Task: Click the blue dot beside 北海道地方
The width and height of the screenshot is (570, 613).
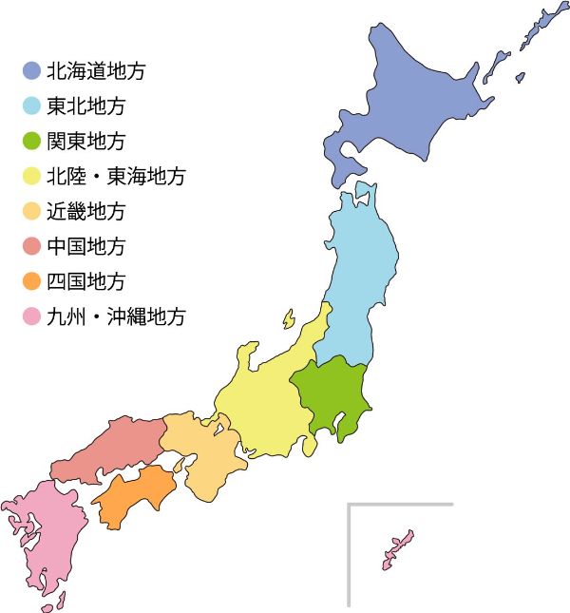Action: [31, 70]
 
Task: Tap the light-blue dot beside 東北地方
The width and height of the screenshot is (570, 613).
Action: [31, 105]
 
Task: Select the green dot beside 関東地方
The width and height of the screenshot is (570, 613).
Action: [31, 141]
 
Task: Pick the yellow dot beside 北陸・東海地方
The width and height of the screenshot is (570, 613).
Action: [31, 176]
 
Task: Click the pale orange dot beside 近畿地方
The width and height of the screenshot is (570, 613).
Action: [31, 211]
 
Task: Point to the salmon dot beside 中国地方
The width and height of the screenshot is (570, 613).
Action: [31, 246]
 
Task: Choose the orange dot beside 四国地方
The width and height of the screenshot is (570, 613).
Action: [31, 281]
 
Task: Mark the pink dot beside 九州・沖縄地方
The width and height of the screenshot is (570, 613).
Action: [31, 316]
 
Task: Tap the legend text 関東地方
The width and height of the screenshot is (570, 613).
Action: [85, 141]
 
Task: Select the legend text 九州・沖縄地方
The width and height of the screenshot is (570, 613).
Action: [116, 316]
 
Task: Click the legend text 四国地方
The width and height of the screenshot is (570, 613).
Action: [85, 281]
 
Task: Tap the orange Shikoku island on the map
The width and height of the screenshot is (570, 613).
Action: [133, 494]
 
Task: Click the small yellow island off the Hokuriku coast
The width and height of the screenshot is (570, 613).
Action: [288, 318]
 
